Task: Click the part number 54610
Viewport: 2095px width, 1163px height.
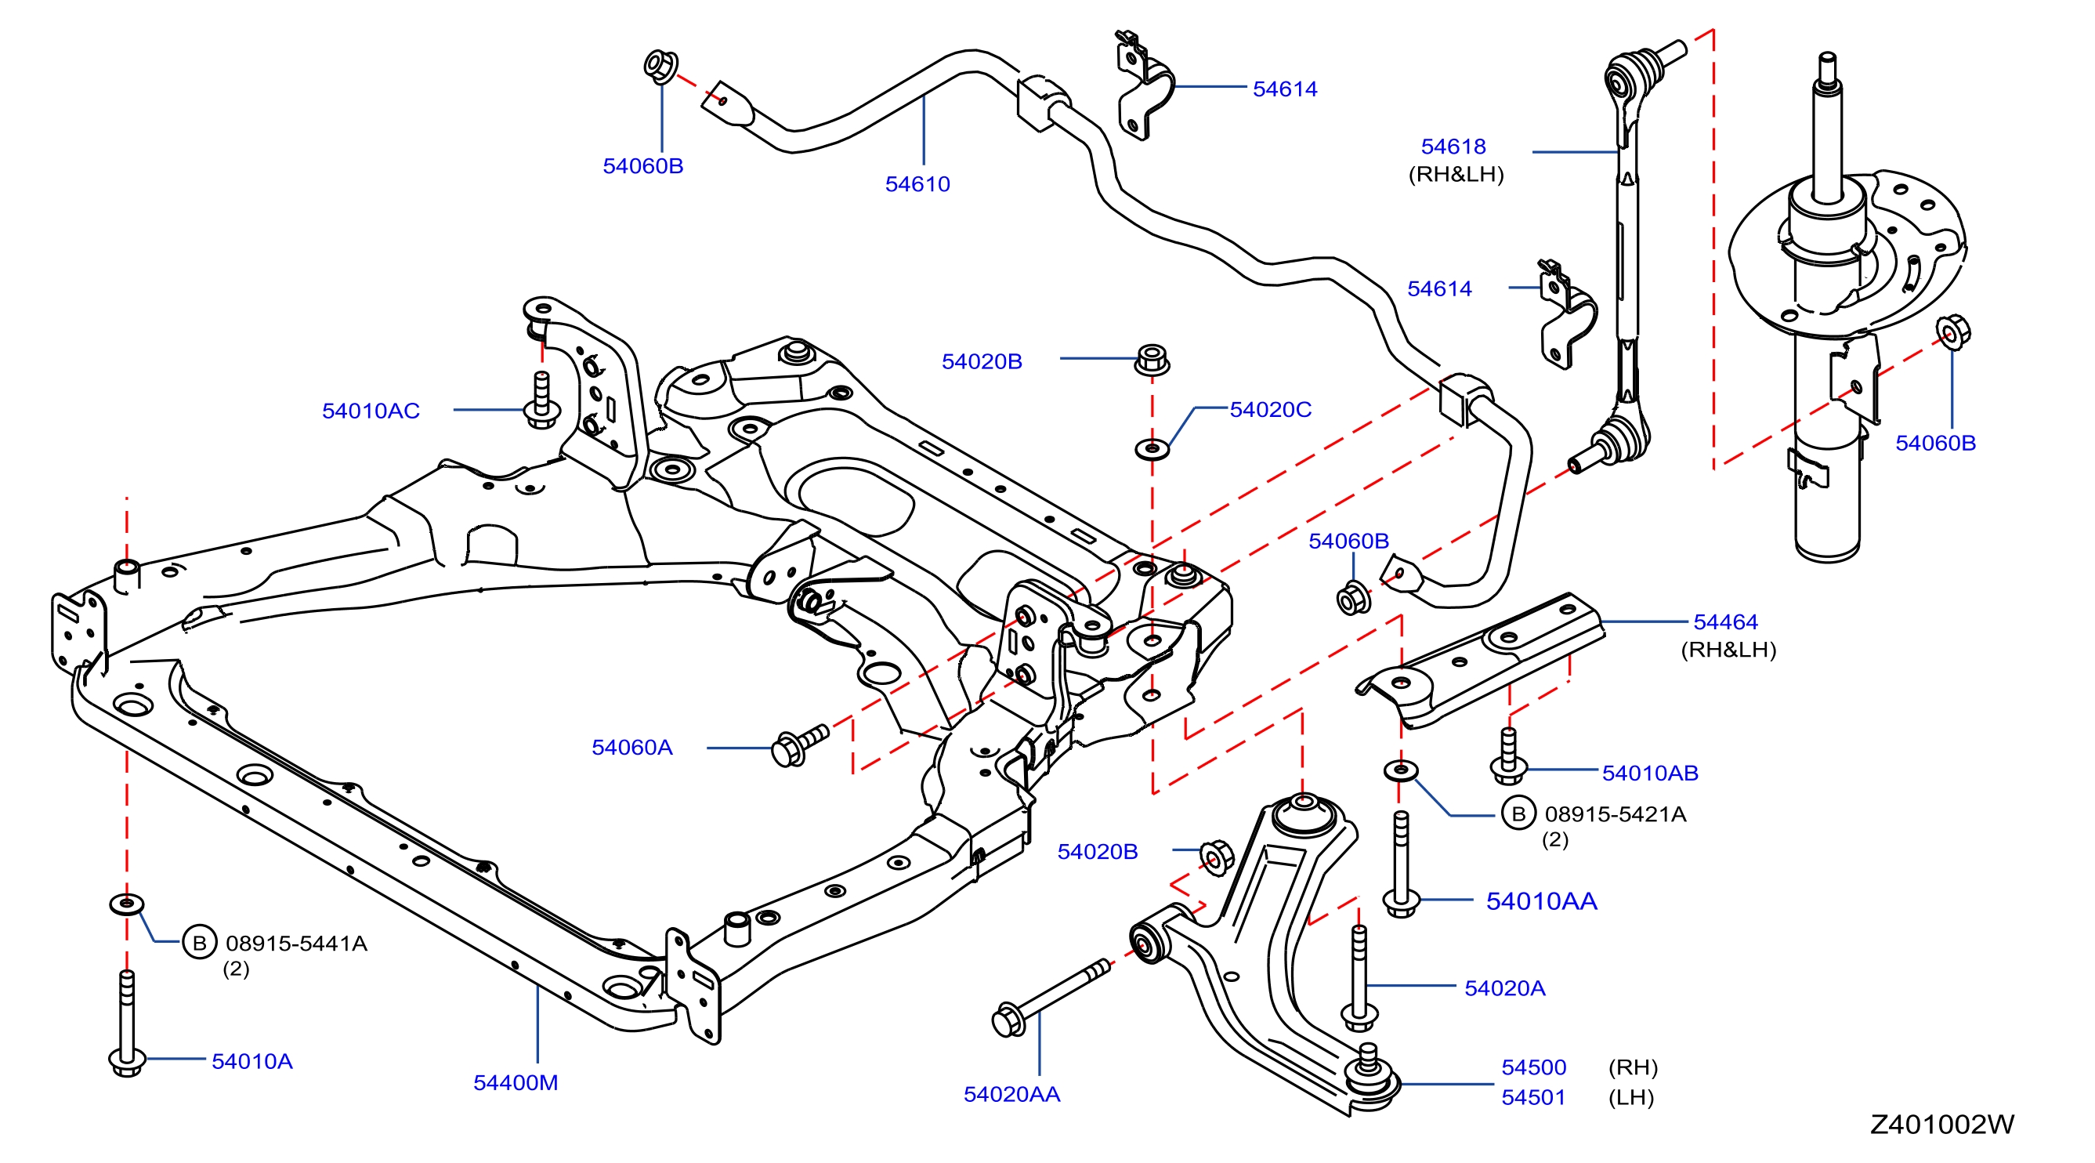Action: pyautogui.click(x=917, y=184)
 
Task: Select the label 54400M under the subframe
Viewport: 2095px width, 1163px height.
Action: pyautogui.click(x=516, y=1082)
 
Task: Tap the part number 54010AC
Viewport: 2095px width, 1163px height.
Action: pyautogui.click(x=371, y=411)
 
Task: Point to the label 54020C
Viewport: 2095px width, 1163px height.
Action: pyautogui.click(x=1270, y=409)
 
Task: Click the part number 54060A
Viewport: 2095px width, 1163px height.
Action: pyautogui.click(x=632, y=747)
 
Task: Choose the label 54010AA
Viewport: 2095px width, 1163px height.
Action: pyautogui.click(x=1541, y=901)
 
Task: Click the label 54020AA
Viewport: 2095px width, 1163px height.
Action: pyautogui.click(x=1011, y=1094)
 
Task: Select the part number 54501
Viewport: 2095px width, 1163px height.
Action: pyautogui.click(x=1533, y=1097)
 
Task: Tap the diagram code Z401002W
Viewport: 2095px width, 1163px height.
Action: pyautogui.click(x=1942, y=1124)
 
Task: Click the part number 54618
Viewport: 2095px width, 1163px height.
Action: pyautogui.click(x=1453, y=147)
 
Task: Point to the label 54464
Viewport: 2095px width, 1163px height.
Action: pyautogui.click(x=1726, y=621)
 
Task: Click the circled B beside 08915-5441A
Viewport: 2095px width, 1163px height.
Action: pyautogui.click(x=199, y=943)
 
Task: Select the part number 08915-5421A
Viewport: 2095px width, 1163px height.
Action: pyautogui.click(x=1616, y=814)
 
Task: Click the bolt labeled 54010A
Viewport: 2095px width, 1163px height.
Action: pyautogui.click(x=127, y=1024)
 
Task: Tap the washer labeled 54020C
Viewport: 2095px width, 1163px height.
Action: pyautogui.click(x=1152, y=448)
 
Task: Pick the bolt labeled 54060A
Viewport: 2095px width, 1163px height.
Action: pyautogui.click(x=799, y=745)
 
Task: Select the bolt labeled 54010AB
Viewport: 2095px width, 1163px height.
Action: pyautogui.click(x=1509, y=756)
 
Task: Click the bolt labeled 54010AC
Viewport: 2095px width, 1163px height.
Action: pyautogui.click(x=541, y=400)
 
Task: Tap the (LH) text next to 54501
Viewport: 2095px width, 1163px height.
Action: pyautogui.click(x=1631, y=1097)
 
